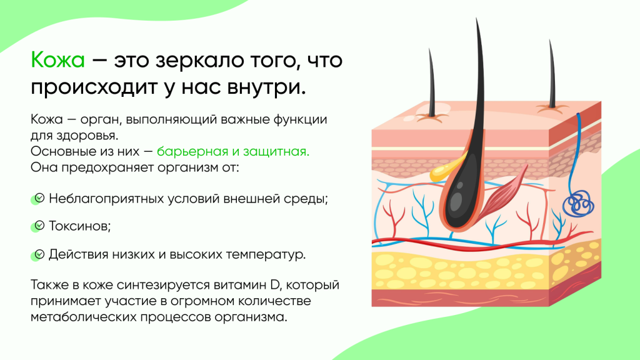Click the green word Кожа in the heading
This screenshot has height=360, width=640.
click(x=57, y=60)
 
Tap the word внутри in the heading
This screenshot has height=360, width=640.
click(x=266, y=87)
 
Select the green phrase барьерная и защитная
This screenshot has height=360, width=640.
click(x=233, y=151)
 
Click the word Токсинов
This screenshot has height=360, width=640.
click(x=79, y=226)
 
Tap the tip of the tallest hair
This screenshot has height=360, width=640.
click(x=476, y=18)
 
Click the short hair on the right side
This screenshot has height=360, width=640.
click(x=551, y=75)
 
